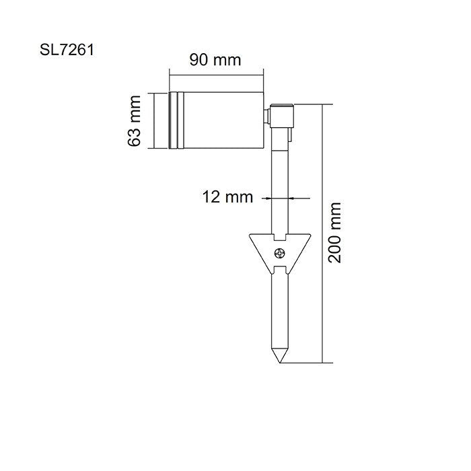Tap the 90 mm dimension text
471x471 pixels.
coord(215,60)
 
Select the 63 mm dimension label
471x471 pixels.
coord(135,121)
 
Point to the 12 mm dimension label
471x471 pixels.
coord(227,197)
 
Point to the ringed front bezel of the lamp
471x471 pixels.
coord(176,120)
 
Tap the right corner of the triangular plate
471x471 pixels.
coord(311,236)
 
